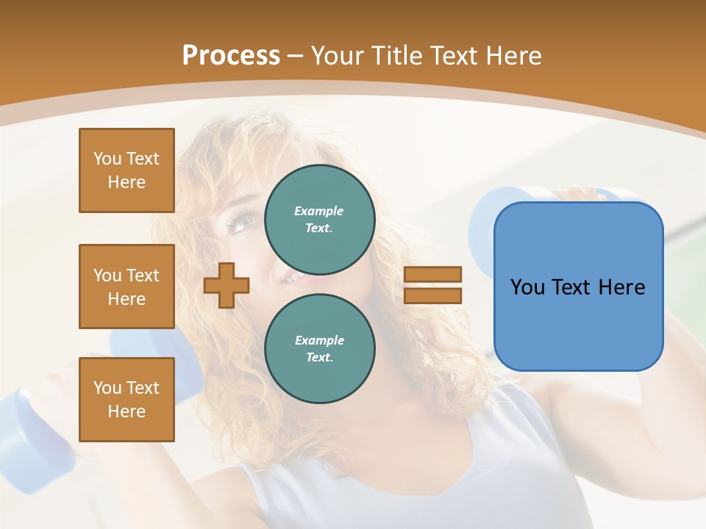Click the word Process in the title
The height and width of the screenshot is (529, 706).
pos(231,56)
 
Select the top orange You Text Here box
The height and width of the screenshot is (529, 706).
pos(126,170)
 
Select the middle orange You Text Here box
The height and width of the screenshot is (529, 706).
pos(126,287)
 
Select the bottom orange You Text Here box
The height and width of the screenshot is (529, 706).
pos(126,400)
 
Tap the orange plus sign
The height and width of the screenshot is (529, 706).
pos(227,285)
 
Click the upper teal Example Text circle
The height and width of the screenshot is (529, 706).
pos(319,219)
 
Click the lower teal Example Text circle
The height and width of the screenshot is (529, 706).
pos(319,348)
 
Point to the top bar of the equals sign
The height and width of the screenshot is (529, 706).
pos(432,274)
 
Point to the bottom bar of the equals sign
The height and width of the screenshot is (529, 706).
pos(432,295)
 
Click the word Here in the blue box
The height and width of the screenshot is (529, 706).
pos(621,287)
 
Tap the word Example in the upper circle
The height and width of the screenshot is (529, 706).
pos(319,211)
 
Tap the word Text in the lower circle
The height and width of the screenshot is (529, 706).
pos(319,357)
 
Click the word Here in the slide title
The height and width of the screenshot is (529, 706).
pos(513,56)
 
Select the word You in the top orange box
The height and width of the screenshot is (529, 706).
pos(107,159)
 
